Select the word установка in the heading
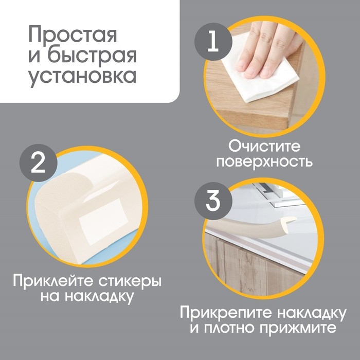point(82,76)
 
